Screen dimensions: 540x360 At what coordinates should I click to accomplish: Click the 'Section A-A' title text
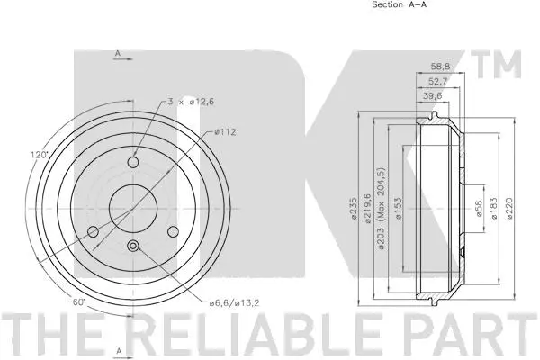tap(399, 4)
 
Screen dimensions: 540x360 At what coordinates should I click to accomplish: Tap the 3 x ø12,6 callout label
tap(191, 102)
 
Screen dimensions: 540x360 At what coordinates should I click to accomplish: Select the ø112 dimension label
tap(225, 131)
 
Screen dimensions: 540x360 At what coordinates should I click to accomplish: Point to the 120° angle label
tap(39, 155)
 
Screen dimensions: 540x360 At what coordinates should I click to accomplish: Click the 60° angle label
tap(79, 302)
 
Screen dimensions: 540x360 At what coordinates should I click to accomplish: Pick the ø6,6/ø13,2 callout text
tap(234, 302)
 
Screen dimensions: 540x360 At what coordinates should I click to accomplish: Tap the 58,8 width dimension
tap(440, 66)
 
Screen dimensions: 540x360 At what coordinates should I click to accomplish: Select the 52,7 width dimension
tap(437, 81)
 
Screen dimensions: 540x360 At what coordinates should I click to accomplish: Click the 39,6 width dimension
tap(433, 96)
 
